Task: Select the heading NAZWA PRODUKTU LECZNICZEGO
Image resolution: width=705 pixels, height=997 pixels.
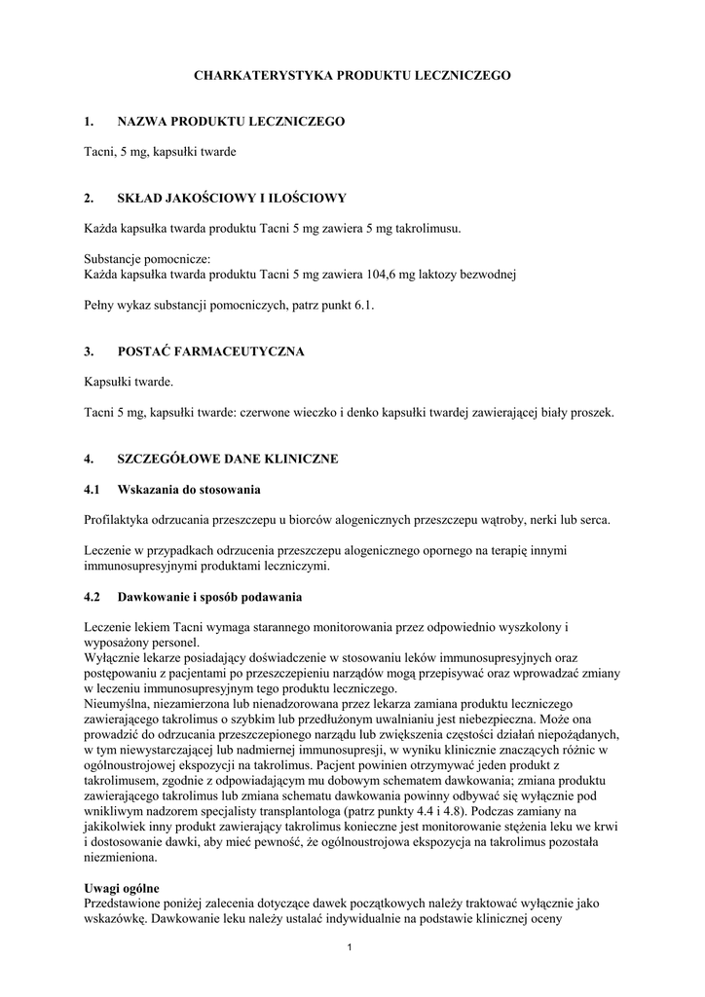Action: (x=231, y=122)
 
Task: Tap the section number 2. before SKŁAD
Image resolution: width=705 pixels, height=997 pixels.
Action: (x=89, y=199)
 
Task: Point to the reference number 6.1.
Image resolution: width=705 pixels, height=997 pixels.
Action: (x=364, y=306)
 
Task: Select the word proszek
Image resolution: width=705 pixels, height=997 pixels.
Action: (x=593, y=413)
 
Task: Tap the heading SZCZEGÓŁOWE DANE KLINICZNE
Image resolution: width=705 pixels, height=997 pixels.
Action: (x=227, y=459)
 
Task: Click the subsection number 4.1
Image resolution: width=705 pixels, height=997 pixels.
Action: (x=93, y=489)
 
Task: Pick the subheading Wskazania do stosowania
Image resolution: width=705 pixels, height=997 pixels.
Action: (x=188, y=489)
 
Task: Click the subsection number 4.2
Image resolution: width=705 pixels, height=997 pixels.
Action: (x=93, y=596)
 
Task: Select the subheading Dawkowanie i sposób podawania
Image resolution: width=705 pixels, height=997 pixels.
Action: (x=209, y=596)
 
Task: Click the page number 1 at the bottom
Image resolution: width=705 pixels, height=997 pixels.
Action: (x=351, y=948)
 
